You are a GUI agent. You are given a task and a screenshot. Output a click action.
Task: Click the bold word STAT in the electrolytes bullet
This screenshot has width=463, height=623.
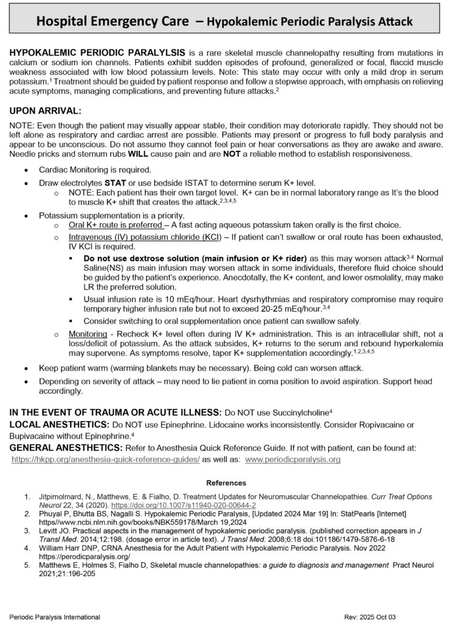[114, 183]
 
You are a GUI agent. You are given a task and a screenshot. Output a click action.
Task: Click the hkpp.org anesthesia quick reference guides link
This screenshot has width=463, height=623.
[106, 459]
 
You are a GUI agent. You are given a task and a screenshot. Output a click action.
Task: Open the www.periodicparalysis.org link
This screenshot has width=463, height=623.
[293, 459]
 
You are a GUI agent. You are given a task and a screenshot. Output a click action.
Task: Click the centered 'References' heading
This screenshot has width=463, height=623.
[226, 482]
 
